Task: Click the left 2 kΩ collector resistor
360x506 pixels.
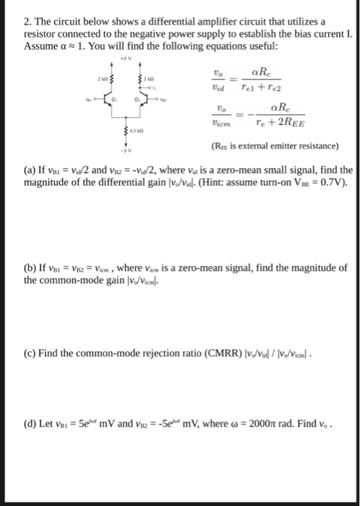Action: point(111,78)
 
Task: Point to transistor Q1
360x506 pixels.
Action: point(110,101)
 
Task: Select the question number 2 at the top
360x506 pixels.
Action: point(27,21)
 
